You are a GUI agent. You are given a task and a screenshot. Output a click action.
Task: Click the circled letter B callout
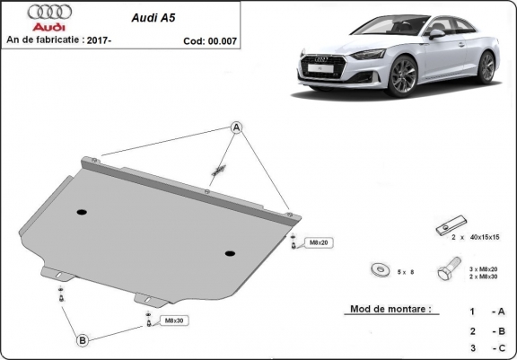tap(83, 339)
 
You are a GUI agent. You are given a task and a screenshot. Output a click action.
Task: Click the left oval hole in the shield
tap(82, 212)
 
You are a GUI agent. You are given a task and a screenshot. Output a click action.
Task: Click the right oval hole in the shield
tap(231, 252)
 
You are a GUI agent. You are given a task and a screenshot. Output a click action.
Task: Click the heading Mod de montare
tap(387, 310)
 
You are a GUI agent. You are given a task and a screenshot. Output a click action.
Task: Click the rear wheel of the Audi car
tap(486, 67)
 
